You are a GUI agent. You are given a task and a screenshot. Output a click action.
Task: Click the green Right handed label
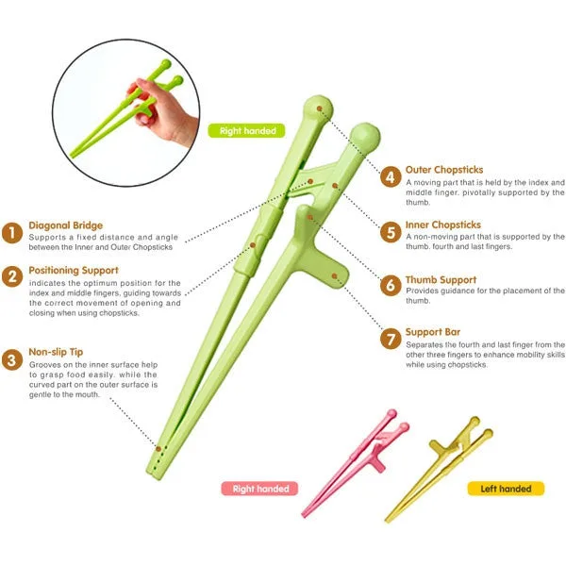(246, 131)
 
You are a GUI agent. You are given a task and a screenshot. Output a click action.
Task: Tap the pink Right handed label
(259, 489)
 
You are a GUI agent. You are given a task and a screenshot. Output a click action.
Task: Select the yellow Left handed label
(506, 489)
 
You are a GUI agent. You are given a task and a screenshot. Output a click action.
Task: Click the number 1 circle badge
(12, 233)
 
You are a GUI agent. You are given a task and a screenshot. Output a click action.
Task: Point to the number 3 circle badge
(12, 359)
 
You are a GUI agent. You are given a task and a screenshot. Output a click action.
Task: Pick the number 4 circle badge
(391, 177)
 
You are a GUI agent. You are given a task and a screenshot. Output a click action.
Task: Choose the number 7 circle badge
(391, 339)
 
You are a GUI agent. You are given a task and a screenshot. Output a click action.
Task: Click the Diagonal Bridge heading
(66, 225)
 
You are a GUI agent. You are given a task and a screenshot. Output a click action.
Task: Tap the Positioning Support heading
(74, 271)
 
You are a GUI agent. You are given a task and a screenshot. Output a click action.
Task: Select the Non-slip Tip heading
(56, 352)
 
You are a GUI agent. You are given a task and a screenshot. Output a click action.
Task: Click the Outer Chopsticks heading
(444, 170)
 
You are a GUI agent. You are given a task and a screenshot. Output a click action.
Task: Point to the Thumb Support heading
(441, 280)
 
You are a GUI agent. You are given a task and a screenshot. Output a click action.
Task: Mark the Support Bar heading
(433, 332)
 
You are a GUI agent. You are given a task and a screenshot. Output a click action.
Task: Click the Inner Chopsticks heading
(443, 225)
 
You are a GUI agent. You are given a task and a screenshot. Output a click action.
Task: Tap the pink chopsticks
(356, 463)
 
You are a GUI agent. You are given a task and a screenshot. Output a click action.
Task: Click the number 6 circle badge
(391, 285)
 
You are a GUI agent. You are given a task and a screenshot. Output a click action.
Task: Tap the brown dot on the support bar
(334, 276)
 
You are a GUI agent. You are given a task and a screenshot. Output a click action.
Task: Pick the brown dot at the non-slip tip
(158, 449)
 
